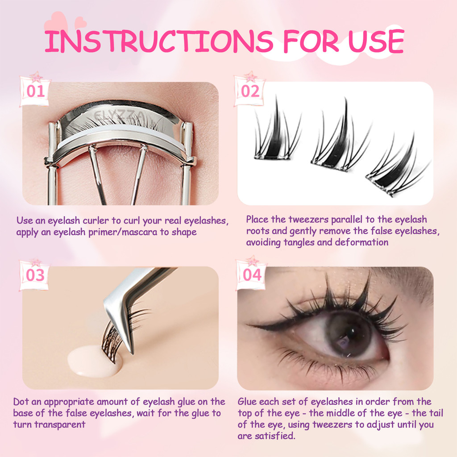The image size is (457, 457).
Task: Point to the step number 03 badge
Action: coord(35,274)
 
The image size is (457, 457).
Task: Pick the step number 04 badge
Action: coord(252,274)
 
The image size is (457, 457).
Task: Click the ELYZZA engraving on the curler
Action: coord(119,116)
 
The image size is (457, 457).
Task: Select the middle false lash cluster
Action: coord(340,140)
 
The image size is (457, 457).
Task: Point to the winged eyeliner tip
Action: coord(248,324)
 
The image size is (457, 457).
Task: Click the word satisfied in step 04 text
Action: coord(275,436)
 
